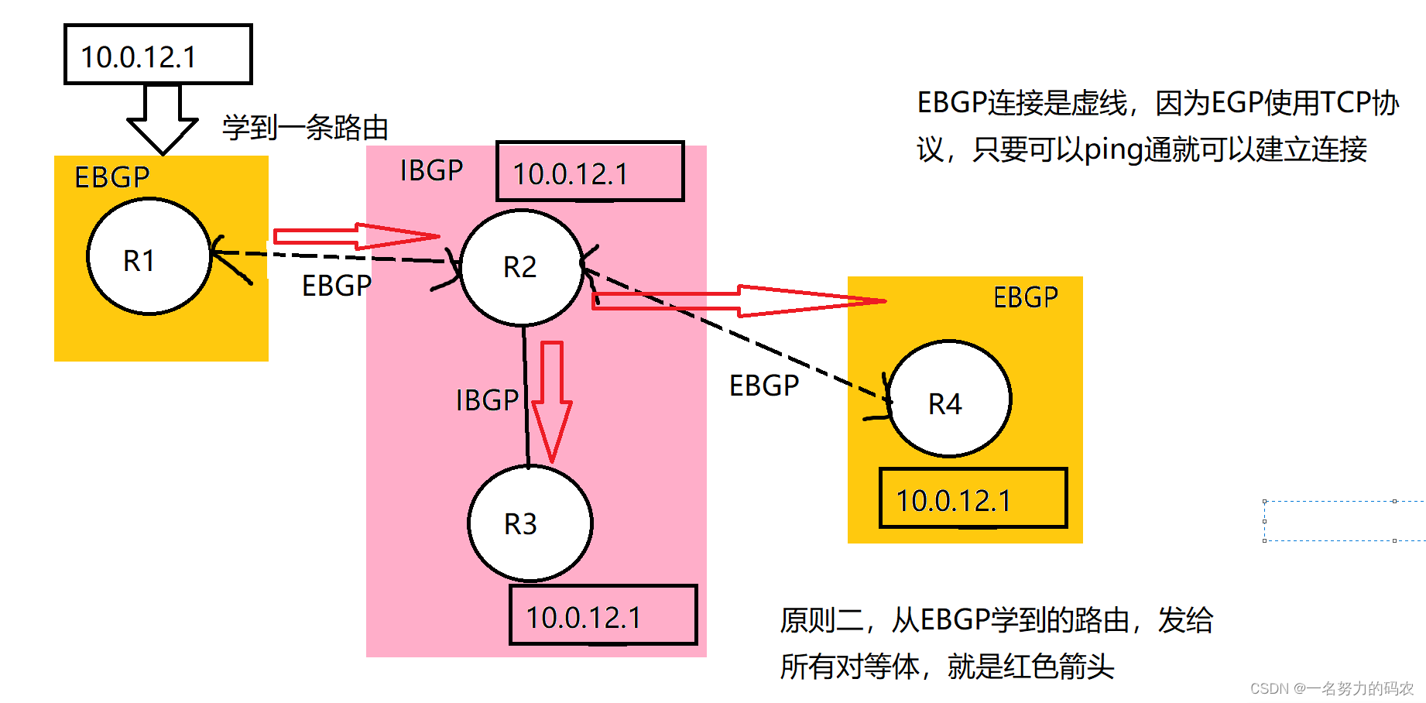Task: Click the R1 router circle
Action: tap(149, 257)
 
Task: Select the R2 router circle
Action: tap(521, 267)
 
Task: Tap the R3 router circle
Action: tap(530, 523)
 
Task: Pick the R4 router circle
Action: tap(948, 400)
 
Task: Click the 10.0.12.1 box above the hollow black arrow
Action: tap(158, 55)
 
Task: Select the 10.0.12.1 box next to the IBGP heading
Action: tap(590, 172)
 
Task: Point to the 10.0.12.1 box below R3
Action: tap(603, 616)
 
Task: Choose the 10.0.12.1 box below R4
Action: tap(973, 499)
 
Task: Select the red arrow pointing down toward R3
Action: tap(551, 399)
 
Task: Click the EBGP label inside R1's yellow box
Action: tap(112, 177)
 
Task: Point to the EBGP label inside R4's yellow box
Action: tap(1025, 297)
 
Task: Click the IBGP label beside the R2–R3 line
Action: tap(487, 400)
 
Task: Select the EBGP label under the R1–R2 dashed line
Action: tap(337, 286)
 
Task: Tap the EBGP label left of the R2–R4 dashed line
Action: tap(764, 386)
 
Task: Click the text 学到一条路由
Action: tap(305, 128)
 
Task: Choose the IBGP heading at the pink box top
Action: tap(431, 170)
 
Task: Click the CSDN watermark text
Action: tap(1331, 688)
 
